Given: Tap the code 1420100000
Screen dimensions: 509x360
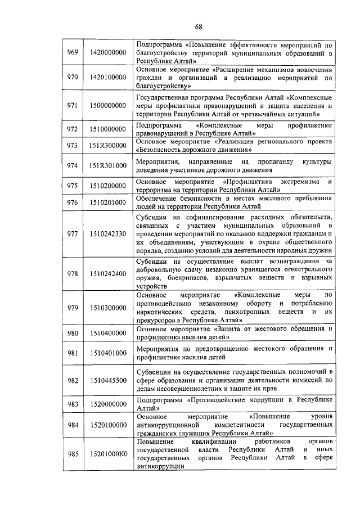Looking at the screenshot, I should click(x=108, y=77).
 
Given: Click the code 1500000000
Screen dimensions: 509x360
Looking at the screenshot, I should click(x=108, y=105).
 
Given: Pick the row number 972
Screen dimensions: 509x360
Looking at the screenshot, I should click(x=73, y=129).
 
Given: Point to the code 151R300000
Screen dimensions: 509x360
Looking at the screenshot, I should click(x=108, y=146).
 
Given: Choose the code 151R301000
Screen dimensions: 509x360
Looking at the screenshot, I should click(x=108, y=165).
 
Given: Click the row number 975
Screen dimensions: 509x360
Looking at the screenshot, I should click(x=73, y=186).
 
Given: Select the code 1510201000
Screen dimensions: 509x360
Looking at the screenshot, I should click(x=108, y=202).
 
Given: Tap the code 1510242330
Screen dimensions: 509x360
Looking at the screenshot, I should click(x=108, y=234).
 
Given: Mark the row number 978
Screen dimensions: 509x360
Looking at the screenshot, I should click(x=73, y=273).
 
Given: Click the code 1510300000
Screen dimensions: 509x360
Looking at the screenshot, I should click(x=108, y=308).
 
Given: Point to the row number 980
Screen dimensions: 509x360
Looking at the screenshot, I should click(x=73, y=333).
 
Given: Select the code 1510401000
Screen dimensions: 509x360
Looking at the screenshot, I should click(x=108, y=353).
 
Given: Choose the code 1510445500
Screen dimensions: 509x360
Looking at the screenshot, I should click(x=108, y=381).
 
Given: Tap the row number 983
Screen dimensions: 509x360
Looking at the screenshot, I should click(x=73, y=404).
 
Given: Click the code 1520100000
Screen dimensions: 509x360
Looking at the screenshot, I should click(x=108, y=426).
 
